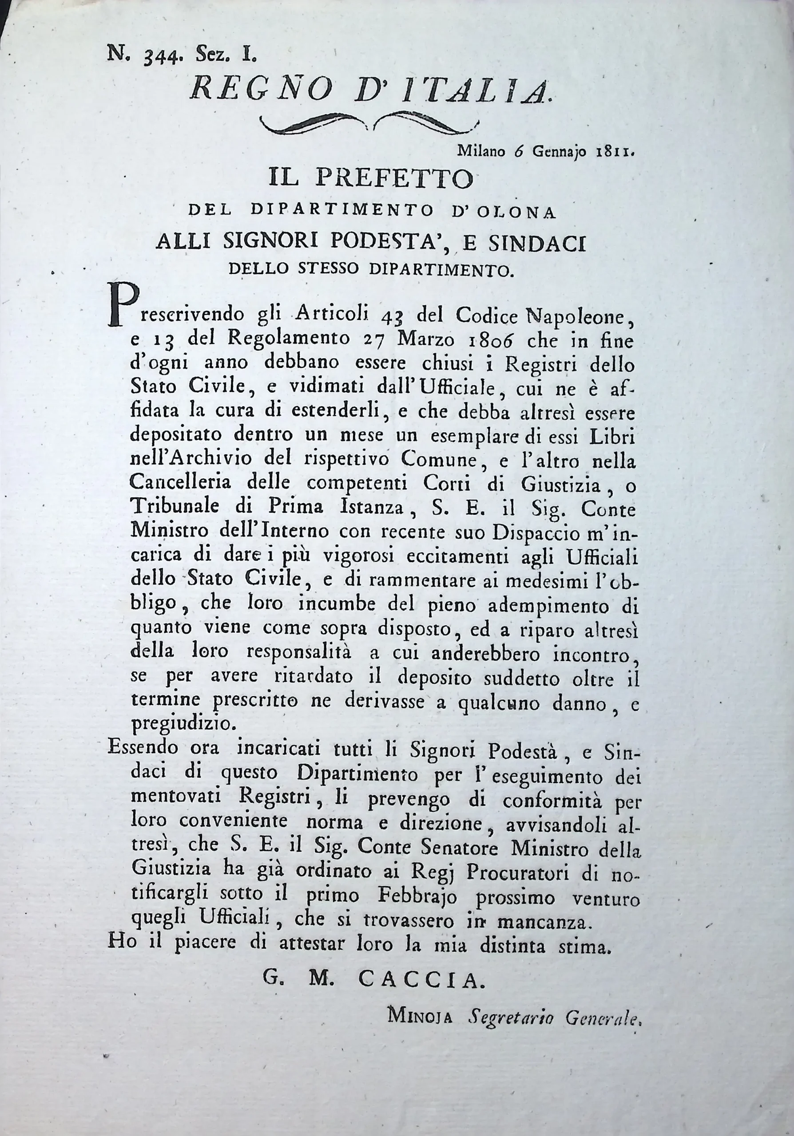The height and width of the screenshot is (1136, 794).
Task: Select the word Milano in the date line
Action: pyautogui.click(x=481, y=151)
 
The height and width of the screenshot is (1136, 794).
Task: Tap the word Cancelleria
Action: pyautogui.click(x=181, y=483)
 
